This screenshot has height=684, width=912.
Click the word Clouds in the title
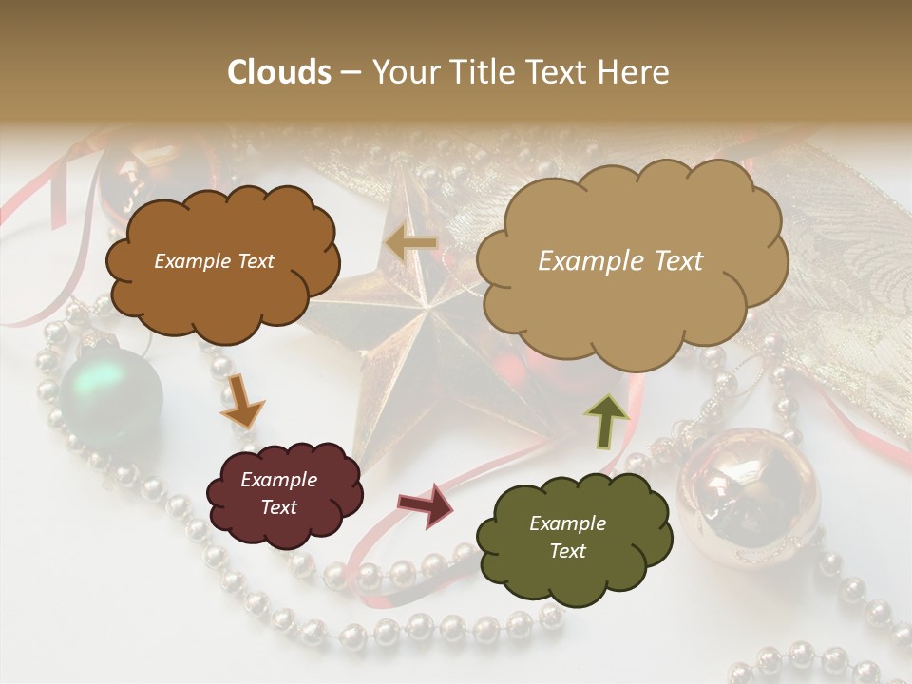click(x=279, y=72)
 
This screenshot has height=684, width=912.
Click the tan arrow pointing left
click(x=410, y=243)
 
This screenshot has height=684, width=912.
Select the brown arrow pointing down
click(x=243, y=399)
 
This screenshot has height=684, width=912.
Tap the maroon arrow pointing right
click(x=426, y=504)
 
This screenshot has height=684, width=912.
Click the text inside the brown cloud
click(x=214, y=261)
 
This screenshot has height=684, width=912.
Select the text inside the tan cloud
click(x=620, y=261)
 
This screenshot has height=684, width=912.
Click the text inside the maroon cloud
click(x=278, y=493)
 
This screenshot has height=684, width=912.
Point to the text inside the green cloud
click(x=567, y=537)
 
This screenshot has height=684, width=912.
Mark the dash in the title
click(x=351, y=73)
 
